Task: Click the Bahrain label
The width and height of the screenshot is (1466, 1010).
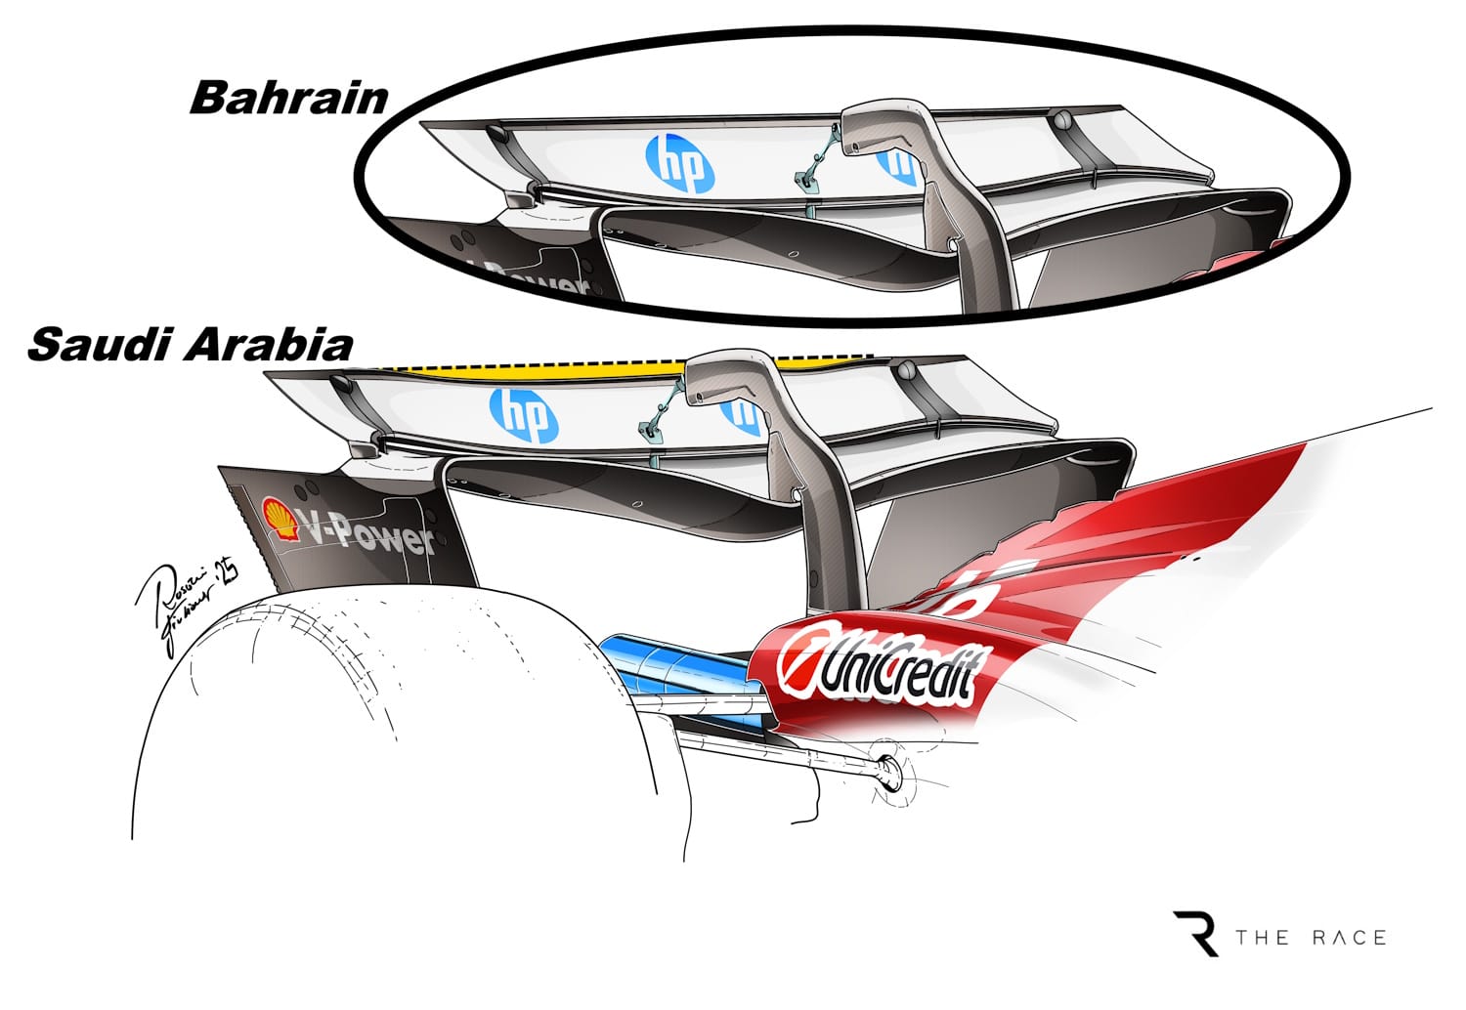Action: (289, 98)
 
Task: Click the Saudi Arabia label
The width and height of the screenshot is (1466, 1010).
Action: (191, 346)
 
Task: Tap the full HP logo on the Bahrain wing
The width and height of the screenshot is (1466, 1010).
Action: (680, 163)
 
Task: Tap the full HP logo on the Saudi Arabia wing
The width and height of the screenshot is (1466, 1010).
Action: (524, 414)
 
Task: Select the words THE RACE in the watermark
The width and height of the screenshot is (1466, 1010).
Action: (1311, 938)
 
